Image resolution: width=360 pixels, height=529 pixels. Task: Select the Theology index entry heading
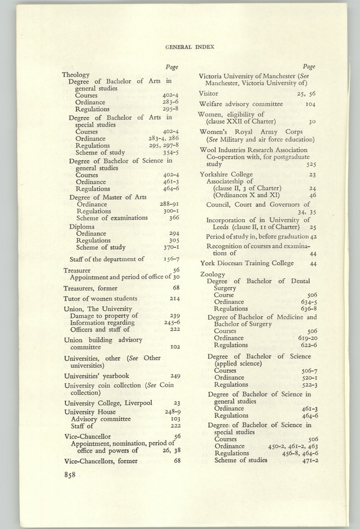(x=76, y=75)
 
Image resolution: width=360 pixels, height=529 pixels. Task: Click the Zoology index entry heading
(x=213, y=274)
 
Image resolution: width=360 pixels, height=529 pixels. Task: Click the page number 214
(x=175, y=299)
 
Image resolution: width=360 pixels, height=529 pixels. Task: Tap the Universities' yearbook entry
(x=96, y=376)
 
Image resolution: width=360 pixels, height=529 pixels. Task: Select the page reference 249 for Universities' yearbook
(x=175, y=376)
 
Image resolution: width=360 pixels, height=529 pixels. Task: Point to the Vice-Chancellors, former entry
(x=101, y=461)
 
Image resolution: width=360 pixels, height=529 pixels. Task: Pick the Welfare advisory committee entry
(x=240, y=103)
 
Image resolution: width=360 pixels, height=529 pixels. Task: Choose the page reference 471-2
(x=309, y=460)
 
